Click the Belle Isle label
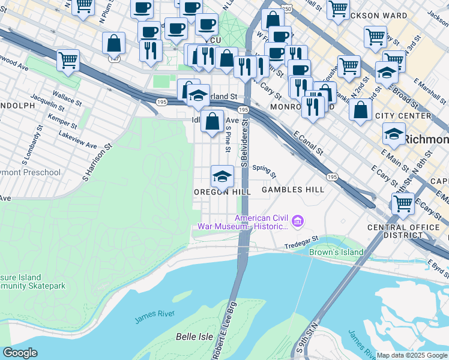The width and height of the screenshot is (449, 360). pyautogui.click(x=194, y=337)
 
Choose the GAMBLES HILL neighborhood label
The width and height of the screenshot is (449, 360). pyautogui.click(x=293, y=190)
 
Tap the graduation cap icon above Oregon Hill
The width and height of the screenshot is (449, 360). pyautogui.click(x=222, y=177)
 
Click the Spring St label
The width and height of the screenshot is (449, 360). pyautogui.click(x=264, y=172)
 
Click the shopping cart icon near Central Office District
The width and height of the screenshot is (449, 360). pyautogui.click(x=402, y=203)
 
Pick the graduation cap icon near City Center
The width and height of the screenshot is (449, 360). pyautogui.click(x=394, y=136)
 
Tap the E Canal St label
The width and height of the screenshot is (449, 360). pyautogui.click(x=309, y=145)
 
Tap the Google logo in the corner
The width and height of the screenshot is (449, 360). pyautogui.click(x=19, y=353)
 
